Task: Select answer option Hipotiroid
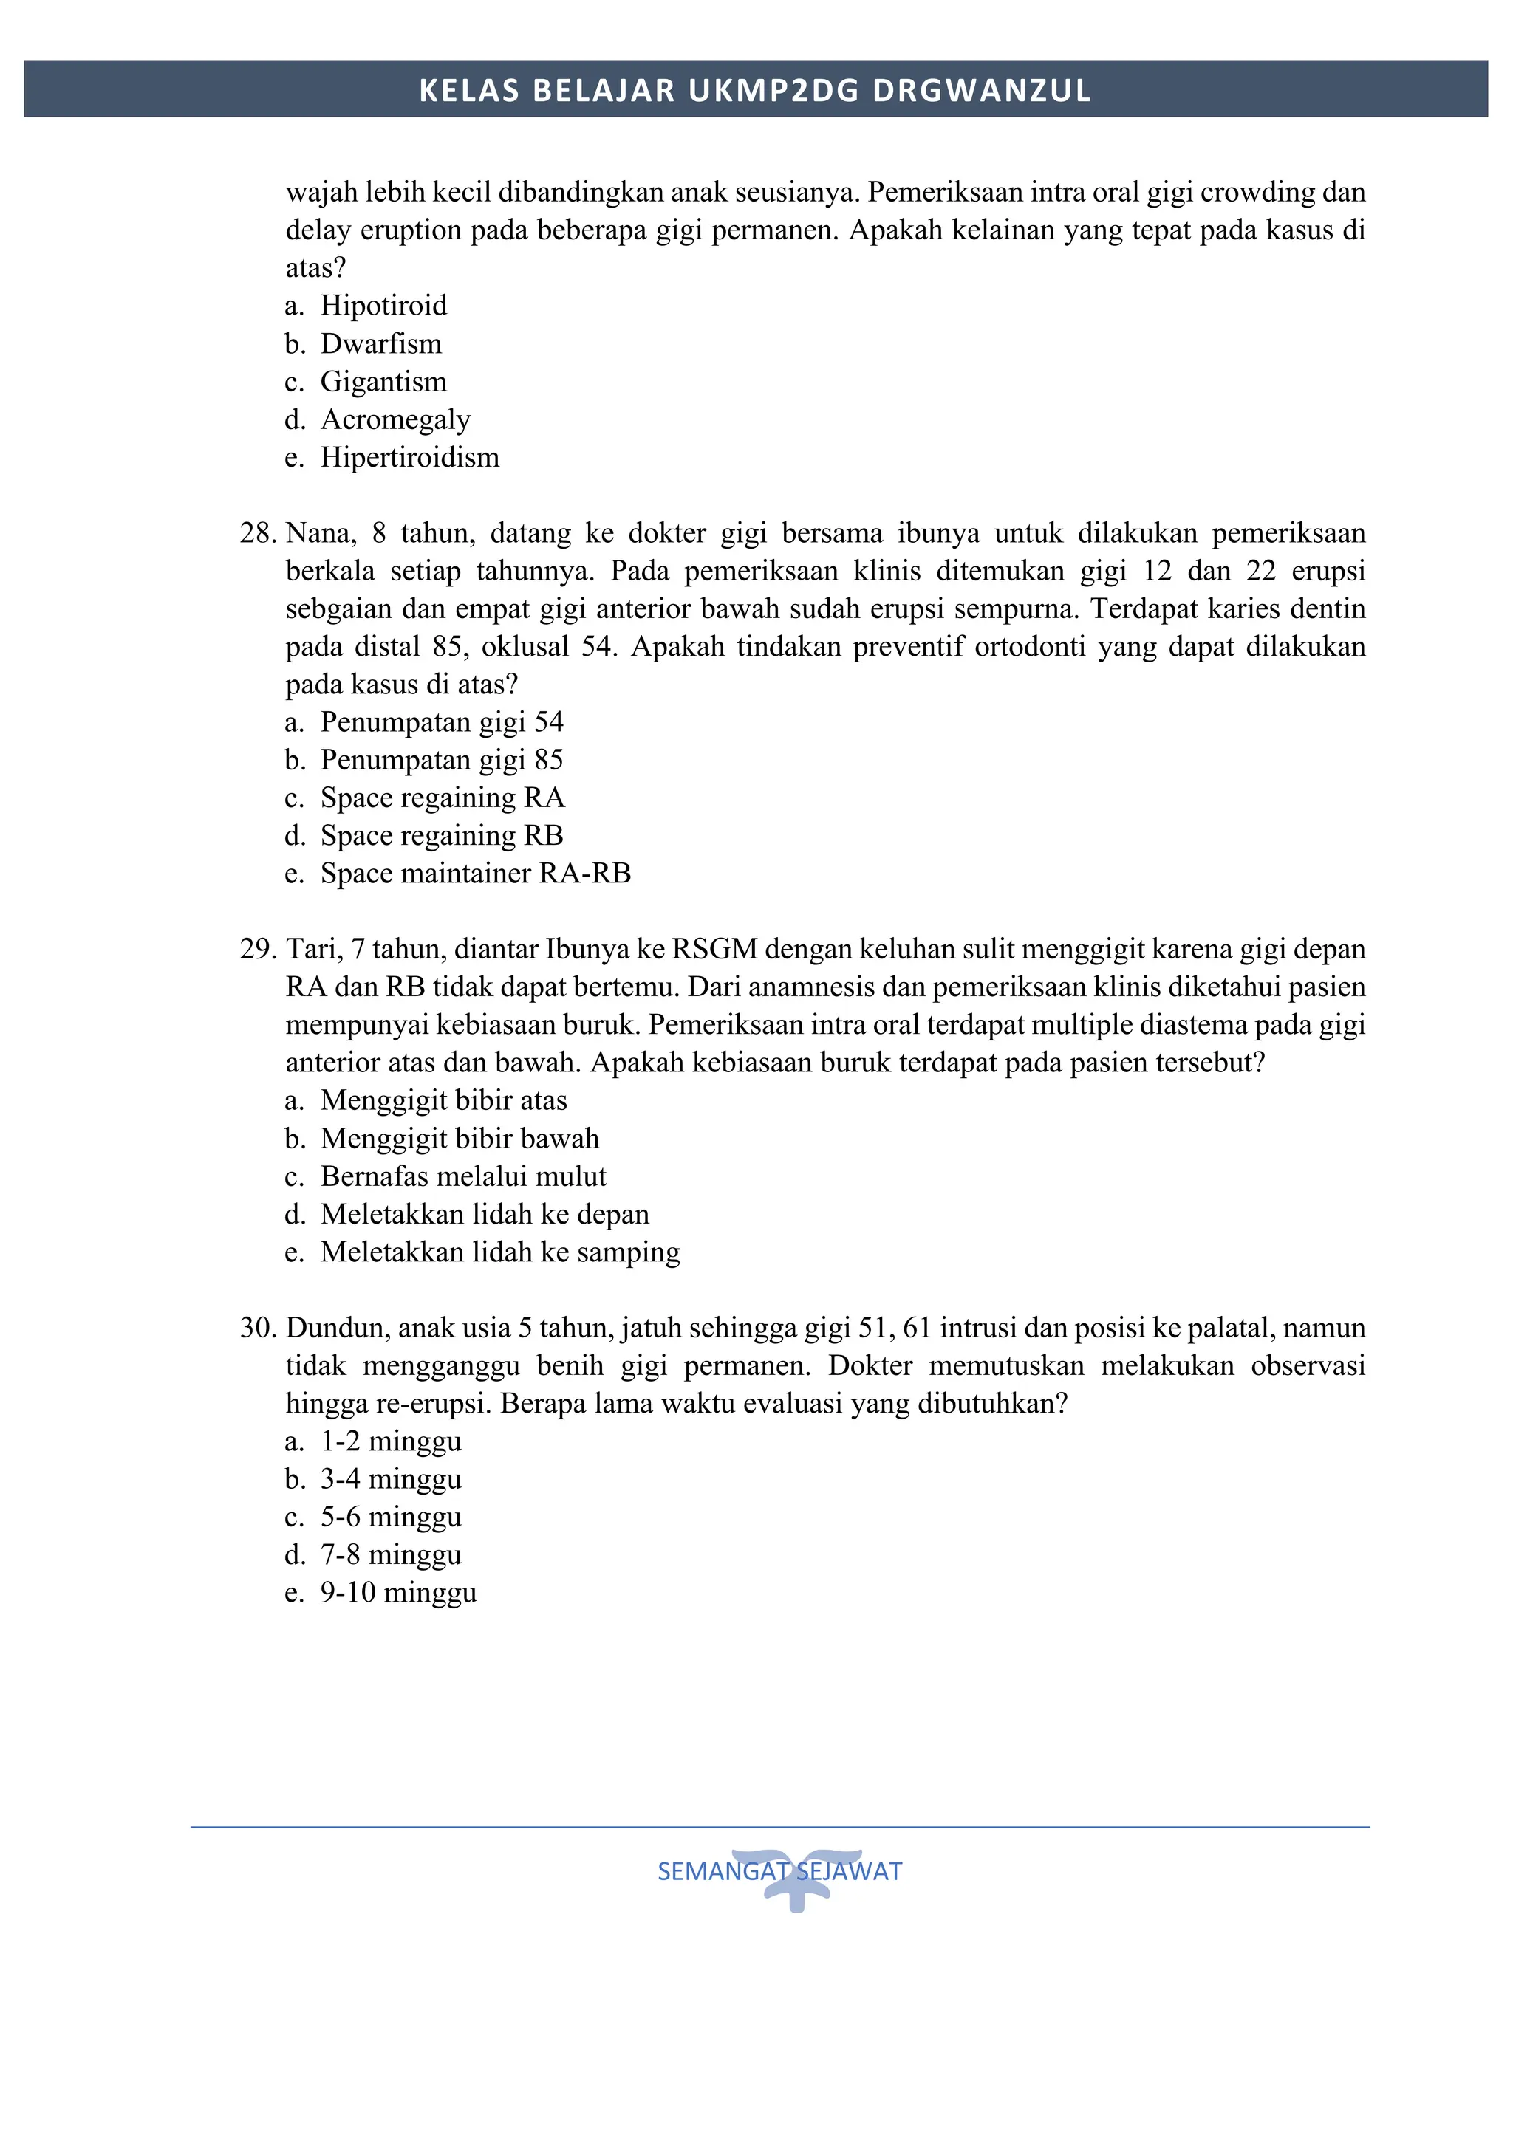[383, 306]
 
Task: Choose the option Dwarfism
[380, 344]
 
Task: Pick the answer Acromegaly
[395, 419]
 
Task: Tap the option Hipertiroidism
[409, 458]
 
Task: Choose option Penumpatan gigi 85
[441, 760]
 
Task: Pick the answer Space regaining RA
[442, 798]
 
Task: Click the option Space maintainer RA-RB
[476, 874]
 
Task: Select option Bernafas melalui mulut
[463, 1176]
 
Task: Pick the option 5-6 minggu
[391, 1517]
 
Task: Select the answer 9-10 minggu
[398, 1592]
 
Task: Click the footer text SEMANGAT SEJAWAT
[779, 1870]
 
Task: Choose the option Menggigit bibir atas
[444, 1101]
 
